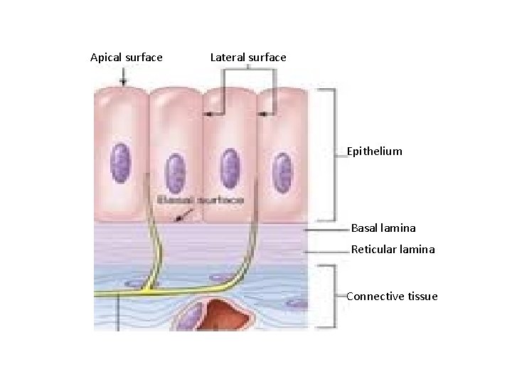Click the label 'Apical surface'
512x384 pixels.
tap(127, 58)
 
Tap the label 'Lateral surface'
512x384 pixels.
tap(248, 58)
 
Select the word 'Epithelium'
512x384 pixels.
tap(374, 151)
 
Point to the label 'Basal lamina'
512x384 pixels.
tap(383, 229)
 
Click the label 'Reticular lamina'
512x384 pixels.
tap(393, 250)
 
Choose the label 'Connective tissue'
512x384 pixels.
tap(392, 297)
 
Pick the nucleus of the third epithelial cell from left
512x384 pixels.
tap(229, 166)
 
